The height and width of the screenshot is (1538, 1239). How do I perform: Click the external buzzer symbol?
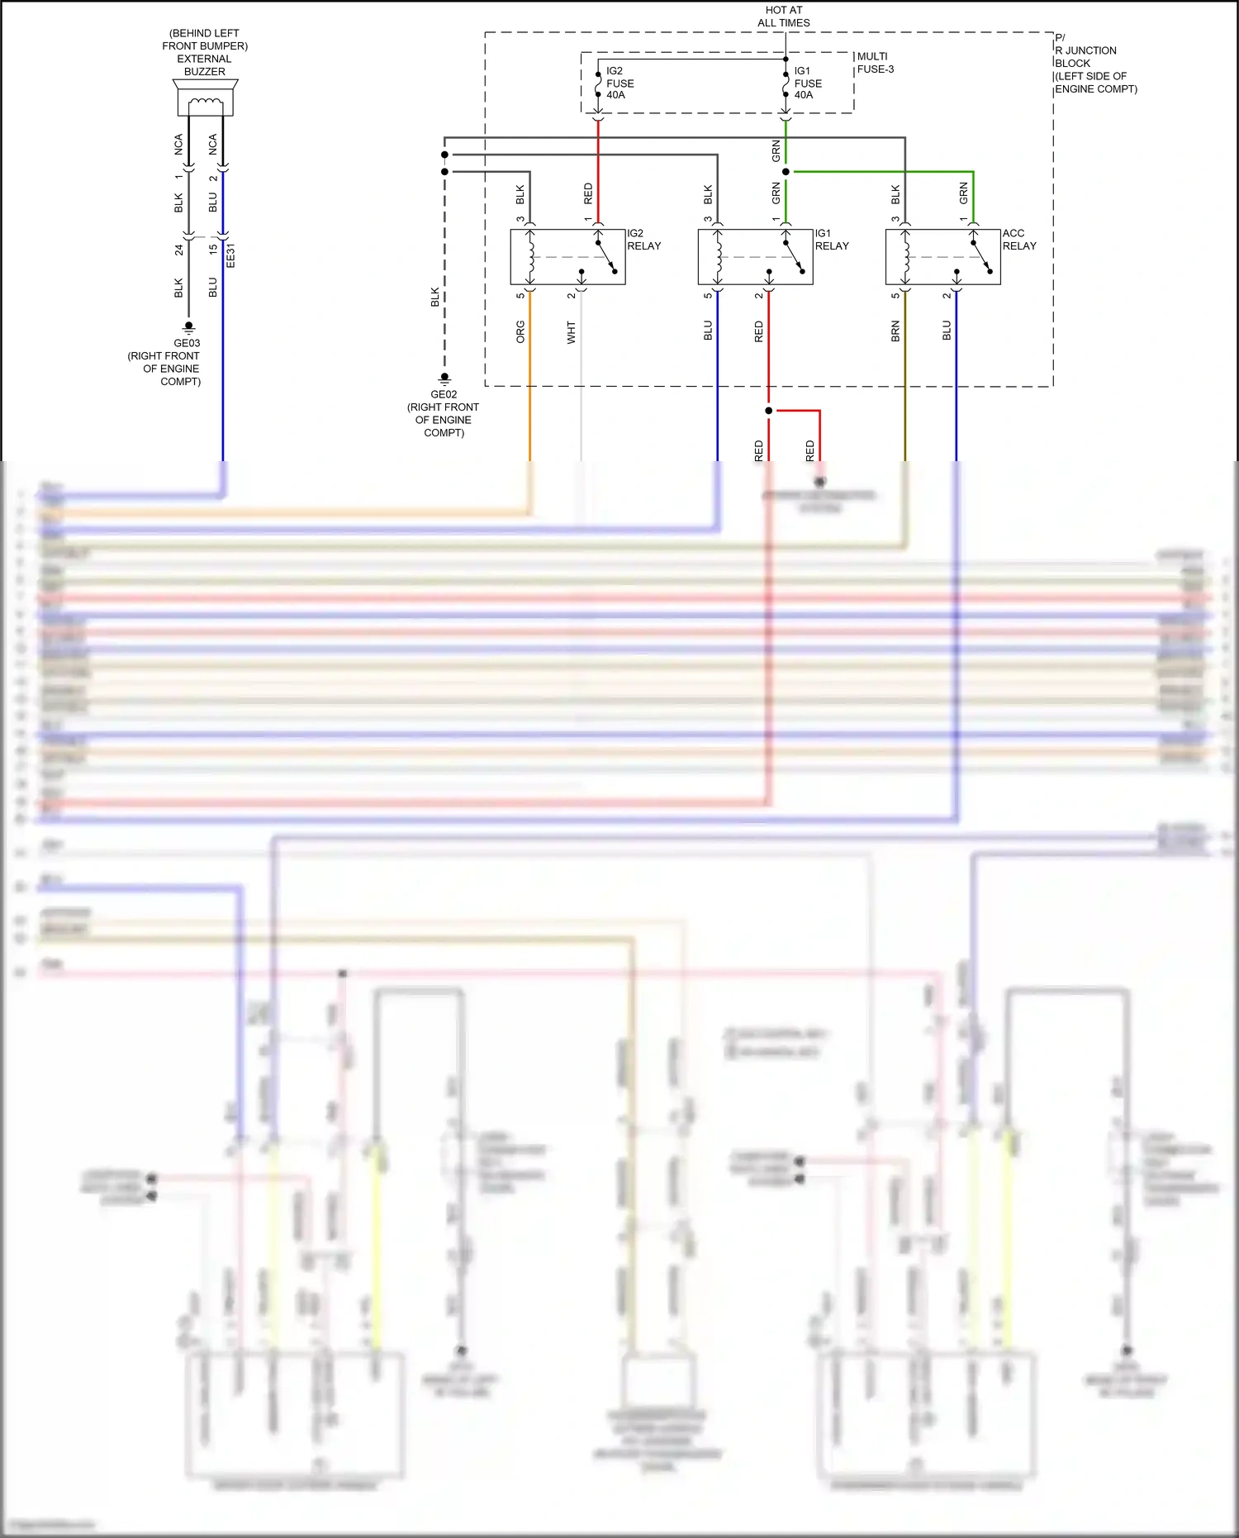[x=205, y=98]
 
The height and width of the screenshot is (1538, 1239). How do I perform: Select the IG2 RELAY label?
[x=643, y=240]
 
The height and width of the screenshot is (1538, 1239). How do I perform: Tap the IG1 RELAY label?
[x=831, y=240]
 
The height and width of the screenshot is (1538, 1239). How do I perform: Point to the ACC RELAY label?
[x=1018, y=240]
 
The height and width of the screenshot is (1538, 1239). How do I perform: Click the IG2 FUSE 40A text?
[x=619, y=83]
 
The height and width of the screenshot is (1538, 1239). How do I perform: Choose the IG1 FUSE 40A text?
[x=807, y=83]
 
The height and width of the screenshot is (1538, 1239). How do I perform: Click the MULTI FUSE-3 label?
[x=875, y=63]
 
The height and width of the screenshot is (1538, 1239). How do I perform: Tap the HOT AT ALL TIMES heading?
[x=783, y=17]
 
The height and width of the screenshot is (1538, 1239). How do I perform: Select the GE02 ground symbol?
[x=444, y=379]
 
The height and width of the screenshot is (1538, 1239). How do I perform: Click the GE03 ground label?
[x=187, y=343]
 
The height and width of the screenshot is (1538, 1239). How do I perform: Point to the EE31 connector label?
[x=230, y=255]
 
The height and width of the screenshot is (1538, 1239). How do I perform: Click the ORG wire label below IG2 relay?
[x=520, y=332]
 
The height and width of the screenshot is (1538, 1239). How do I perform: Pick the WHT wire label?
[x=571, y=332]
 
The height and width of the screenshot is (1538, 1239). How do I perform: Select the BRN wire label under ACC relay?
[x=895, y=332]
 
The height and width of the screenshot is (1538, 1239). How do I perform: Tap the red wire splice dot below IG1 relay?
[x=768, y=411]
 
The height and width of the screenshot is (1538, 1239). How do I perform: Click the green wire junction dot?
[x=786, y=172]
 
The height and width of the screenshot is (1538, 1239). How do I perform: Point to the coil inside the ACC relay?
[x=906, y=257]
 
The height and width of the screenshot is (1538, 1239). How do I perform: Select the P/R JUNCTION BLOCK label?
[x=1094, y=63]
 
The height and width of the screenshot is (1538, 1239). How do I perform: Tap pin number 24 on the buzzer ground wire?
[x=178, y=250]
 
